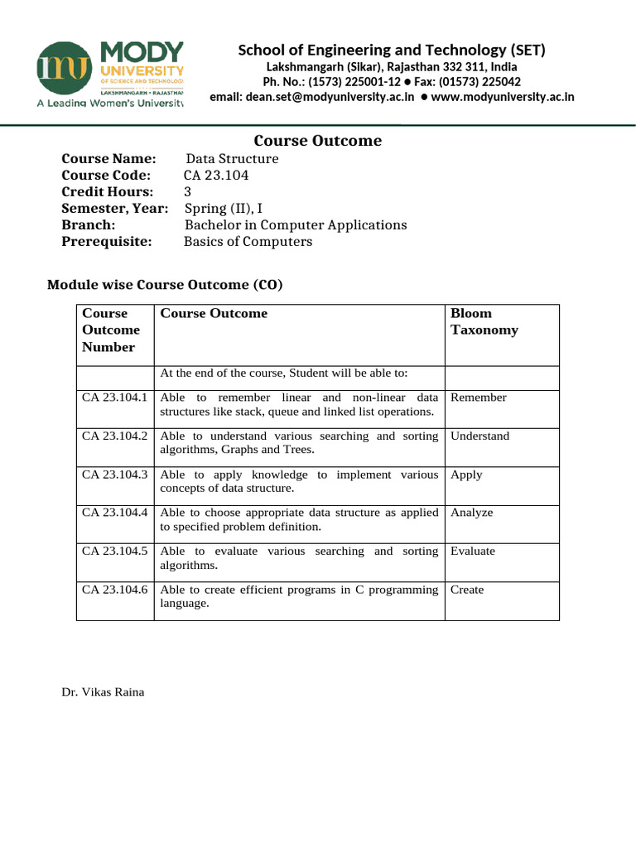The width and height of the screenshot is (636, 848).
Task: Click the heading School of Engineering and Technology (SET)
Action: (392, 51)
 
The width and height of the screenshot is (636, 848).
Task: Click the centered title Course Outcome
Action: (317, 141)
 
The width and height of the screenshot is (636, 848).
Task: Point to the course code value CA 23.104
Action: (216, 176)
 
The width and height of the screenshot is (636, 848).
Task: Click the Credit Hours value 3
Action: (187, 192)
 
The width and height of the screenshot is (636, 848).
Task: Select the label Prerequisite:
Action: (107, 242)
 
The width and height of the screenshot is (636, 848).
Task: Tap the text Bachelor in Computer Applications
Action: (296, 225)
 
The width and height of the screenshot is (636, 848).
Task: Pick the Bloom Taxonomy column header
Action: (484, 321)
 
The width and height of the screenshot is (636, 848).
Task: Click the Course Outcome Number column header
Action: (110, 330)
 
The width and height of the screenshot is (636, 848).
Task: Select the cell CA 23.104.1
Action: (114, 397)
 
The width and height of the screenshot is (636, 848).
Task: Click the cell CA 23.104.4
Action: (114, 513)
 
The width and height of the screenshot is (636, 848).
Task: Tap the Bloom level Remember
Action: (478, 397)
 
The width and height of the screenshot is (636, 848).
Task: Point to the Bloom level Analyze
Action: (471, 513)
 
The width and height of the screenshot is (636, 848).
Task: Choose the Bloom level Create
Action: (467, 590)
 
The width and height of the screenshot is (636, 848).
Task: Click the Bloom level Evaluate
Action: (473, 551)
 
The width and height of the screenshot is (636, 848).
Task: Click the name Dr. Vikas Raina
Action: (103, 691)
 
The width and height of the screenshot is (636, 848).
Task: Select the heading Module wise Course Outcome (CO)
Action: (165, 286)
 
